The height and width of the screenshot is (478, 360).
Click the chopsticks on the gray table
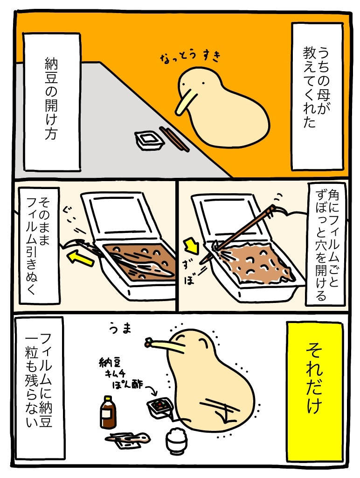pyautogui.click(x=174, y=139)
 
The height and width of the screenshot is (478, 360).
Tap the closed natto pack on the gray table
pyautogui.click(x=149, y=140)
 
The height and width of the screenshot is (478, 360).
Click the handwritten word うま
pyautogui.click(x=120, y=329)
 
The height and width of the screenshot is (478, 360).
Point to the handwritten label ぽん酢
pyautogui.click(x=127, y=384)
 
